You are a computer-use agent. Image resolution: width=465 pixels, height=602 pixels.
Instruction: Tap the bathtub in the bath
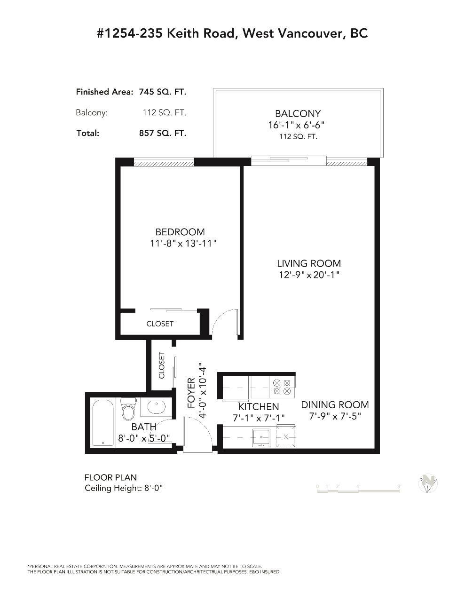click(103, 422)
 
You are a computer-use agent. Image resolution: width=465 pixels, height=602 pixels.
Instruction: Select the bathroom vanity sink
click(157, 407)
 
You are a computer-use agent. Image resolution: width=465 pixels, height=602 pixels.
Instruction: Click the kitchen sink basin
click(260, 437)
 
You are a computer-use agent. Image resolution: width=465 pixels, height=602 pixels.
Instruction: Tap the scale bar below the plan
click(358, 491)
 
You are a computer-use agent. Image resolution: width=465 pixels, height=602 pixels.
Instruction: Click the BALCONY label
click(298, 114)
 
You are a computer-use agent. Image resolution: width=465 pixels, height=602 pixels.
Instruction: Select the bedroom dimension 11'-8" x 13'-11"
click(183, 244)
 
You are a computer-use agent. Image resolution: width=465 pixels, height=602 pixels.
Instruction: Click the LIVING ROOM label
click(309, 263)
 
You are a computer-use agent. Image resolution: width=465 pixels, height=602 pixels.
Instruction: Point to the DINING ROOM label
click(335, 405)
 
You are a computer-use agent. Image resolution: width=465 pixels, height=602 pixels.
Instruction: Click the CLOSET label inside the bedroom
click(160, 324)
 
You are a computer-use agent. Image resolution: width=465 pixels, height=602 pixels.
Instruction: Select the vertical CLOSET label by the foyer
click(161, 365)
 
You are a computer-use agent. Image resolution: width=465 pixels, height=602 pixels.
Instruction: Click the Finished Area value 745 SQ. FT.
click(163, 92)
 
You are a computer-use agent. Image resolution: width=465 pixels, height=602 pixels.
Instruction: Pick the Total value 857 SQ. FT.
click(163, 133)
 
